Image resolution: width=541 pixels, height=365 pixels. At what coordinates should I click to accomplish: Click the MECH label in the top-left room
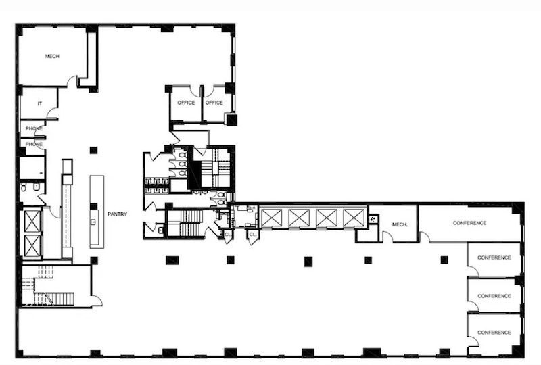(52, 56)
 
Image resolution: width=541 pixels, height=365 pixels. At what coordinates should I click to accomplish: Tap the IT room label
(40, 103)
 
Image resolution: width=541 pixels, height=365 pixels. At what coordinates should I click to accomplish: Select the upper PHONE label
(34, 128)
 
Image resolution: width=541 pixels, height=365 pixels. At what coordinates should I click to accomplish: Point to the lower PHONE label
(34, 144)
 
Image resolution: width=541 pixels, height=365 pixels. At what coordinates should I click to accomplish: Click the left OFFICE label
(186, 103)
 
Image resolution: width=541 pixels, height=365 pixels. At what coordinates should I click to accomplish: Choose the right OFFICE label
(214, 103)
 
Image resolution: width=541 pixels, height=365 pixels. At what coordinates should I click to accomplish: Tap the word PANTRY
(117, 214)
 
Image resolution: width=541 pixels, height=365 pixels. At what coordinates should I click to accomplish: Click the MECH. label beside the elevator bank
(400, 224)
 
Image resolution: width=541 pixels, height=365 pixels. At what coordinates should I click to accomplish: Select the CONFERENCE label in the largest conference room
(469, 223)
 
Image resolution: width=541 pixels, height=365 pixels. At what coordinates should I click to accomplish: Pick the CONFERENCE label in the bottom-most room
(494, 333)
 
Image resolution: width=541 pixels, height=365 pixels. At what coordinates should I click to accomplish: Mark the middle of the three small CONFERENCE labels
(494, 296)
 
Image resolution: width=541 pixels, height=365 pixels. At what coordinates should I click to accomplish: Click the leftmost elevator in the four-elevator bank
(271, 218)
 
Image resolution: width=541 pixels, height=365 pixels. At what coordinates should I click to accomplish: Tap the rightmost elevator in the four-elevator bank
(354, 218)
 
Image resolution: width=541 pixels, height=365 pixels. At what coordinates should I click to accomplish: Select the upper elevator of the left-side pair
(32, 221)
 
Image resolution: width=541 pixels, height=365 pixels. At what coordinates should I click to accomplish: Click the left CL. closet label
(228, 235)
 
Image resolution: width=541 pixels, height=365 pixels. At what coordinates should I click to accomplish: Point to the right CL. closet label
(253, 235)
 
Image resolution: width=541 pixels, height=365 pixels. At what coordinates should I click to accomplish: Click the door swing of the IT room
(52, 112)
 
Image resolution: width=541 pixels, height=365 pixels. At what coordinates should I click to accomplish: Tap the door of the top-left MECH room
(72, 80)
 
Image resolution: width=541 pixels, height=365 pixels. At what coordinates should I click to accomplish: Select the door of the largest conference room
(425, 237)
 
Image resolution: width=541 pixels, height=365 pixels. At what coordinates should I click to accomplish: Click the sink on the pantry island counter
(93, 222)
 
